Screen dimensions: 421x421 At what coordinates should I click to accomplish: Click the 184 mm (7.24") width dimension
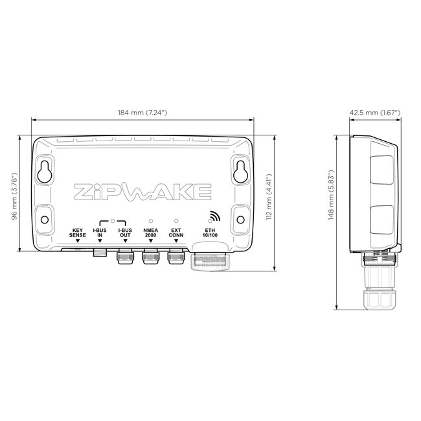tap(142, 113)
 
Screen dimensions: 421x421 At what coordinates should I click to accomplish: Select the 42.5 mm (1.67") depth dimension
tap(375, 113)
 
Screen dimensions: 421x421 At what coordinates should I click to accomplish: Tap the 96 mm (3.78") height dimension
tap(14, 196)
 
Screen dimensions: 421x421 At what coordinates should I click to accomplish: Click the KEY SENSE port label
tap(78, 233)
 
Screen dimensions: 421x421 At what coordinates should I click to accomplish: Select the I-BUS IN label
tap(100, 233)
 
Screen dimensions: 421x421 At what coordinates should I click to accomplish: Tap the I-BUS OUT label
tap(125, 233)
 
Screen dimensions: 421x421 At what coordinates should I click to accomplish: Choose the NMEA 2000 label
tap(150, 233)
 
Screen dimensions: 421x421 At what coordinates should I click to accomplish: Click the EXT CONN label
tap(176, 233)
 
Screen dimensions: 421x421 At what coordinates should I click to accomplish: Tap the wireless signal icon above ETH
tap(213, 217)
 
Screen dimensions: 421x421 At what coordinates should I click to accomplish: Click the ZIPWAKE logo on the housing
tap(142, 191)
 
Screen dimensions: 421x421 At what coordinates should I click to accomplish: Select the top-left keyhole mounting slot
tap(45, 171)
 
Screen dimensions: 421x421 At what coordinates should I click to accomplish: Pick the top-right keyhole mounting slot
tap(240, 171)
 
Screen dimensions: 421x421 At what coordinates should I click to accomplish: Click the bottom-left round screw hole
tap(45, 219)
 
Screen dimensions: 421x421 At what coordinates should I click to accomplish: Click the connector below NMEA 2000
tap(150, 258)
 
